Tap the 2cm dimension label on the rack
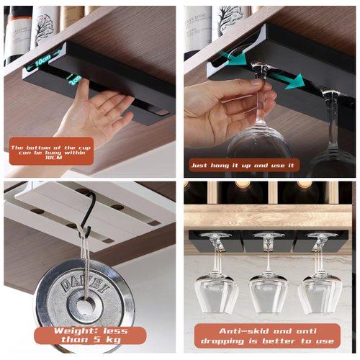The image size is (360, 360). click(75, 81)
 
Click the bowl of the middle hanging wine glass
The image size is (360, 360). click(268, 293)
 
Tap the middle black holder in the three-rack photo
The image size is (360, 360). click(268, 240)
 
